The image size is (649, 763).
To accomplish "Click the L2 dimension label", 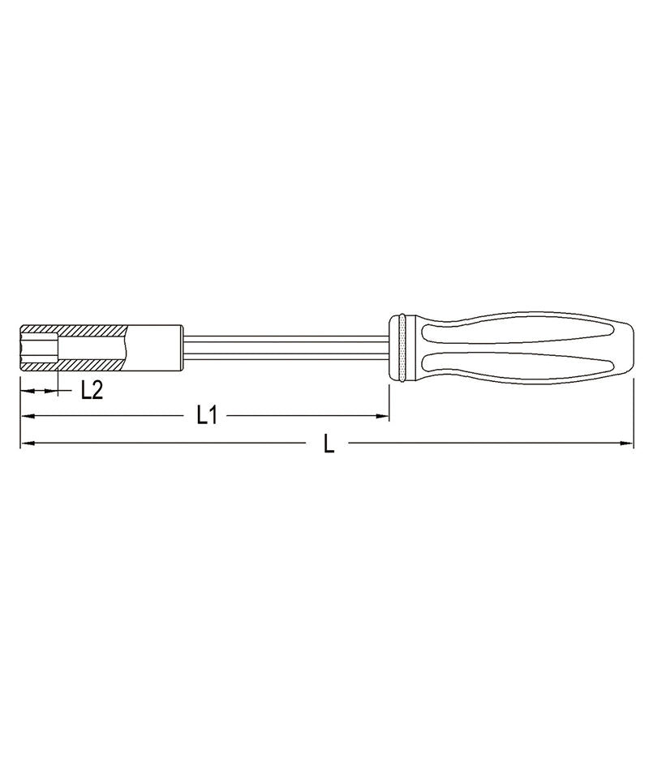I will pyautogui.click(x=92, y=391).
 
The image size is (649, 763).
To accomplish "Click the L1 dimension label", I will pyautogui.click(x=207, y=416).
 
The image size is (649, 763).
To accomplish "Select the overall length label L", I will pyautogui.click(x=329, y=444).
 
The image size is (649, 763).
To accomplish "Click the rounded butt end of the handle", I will pyautogui.click(x=626, y=347).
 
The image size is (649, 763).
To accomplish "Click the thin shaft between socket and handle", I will pyautogui.click(x=284, y=348).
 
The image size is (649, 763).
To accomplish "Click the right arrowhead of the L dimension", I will pyautogui.click(x=627, y=444).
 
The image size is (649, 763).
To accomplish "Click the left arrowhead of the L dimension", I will pyautogui.click(x=27, y=444).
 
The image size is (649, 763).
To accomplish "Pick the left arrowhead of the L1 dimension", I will pyautogui.click(x=27, y=417).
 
